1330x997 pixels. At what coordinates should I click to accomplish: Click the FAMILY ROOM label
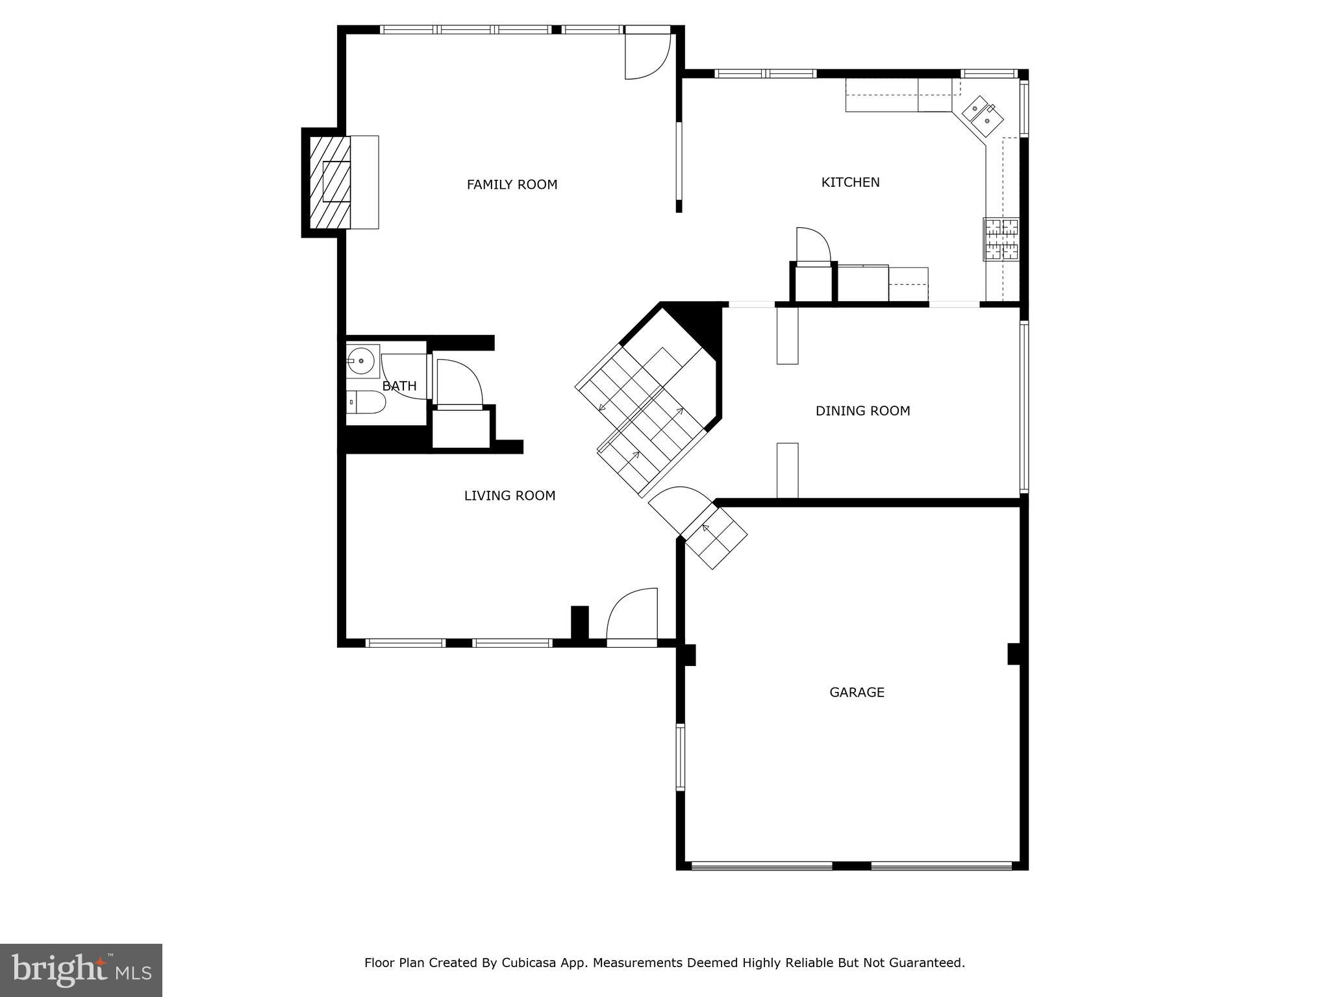point(512,185)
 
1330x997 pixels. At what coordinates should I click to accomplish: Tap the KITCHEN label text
point(850,182)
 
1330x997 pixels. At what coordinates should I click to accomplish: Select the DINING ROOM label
point(862,411)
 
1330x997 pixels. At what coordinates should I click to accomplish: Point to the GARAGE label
point(857,693)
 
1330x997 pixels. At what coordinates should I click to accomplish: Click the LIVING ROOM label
point(510,496)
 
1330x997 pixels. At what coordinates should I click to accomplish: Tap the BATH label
point(399,386)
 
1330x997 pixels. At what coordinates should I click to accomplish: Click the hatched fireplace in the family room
point(330,182)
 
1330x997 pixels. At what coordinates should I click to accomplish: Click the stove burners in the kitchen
point(1001,239)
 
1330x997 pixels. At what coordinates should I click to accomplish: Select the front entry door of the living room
point(632,617)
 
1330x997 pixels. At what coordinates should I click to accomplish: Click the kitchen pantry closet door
point(813,247)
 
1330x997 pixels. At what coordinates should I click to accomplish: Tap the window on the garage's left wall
point(680,757)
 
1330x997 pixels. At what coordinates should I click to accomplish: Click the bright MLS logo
point(81,970)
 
